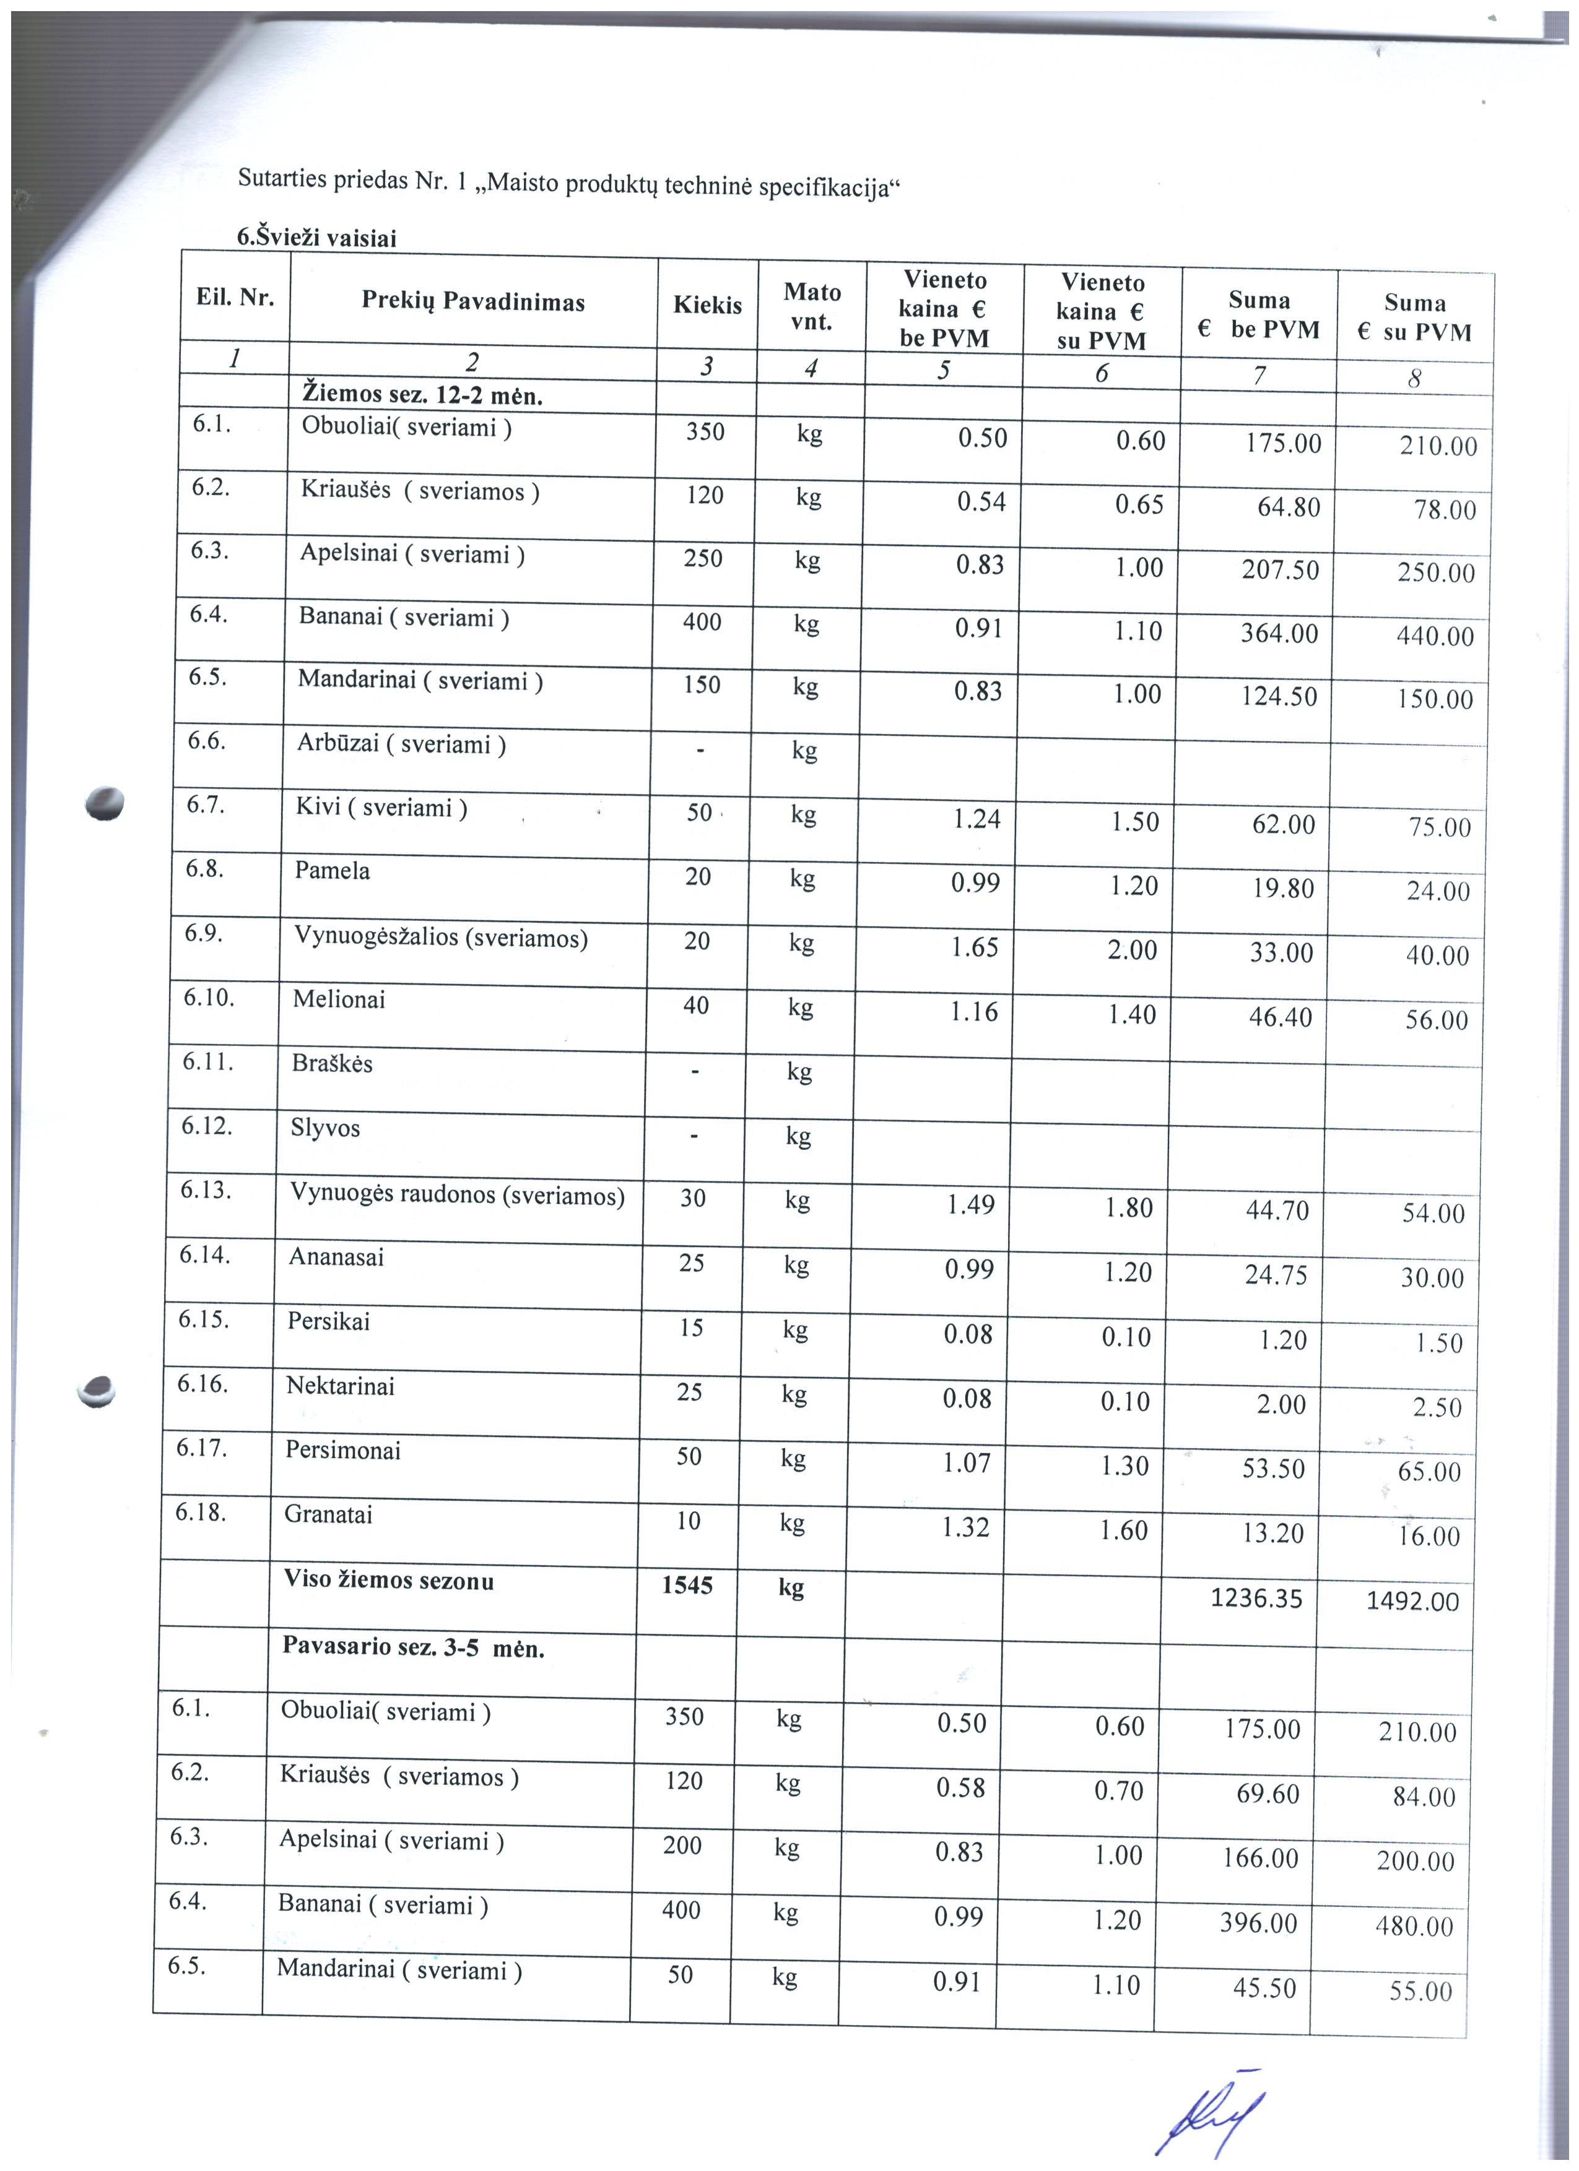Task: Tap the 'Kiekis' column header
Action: pos(708,305)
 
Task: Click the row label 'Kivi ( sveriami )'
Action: pos(381,808)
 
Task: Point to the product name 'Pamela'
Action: pos(333,871)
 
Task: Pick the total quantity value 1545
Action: pos(687,1585)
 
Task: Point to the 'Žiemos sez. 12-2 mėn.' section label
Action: pos(422,395)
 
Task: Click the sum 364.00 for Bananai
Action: pos(1279,634)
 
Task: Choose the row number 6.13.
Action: pos(206,1190)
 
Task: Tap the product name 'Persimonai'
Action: pos(343,1450)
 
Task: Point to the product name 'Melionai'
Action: pos(339,999)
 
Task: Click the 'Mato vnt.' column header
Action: pos(812,306)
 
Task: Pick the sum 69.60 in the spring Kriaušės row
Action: pos(1267,1793)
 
